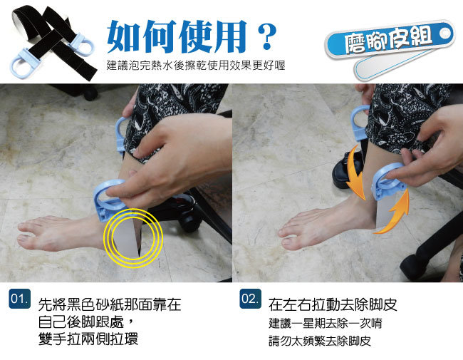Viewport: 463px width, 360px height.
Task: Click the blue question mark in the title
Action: pyautogui.click(x=267, y=36)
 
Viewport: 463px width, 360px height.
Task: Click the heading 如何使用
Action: pyautogui.click(x=177, y=36)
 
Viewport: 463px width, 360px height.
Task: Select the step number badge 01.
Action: pyautogui.click(x=19, y=299)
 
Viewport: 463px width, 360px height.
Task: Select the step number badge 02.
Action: pyautogui.click(x=251, y=299)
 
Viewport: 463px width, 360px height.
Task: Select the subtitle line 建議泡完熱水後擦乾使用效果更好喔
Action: pyautogui.click(x=196, y=66)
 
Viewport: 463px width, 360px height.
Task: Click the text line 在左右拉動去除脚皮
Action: pyautogui.click(x=333, y=304)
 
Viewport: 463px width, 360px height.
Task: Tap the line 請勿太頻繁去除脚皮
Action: pyautogui.click(x=320, y=341)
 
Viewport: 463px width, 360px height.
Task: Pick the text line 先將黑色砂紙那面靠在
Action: pyautogui.click(x=110, y=304)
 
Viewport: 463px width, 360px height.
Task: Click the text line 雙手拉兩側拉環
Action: pyautogui.click(x=88, y=339)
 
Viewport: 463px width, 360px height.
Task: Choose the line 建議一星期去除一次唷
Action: pyautogui.click(x=326, y=323)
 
